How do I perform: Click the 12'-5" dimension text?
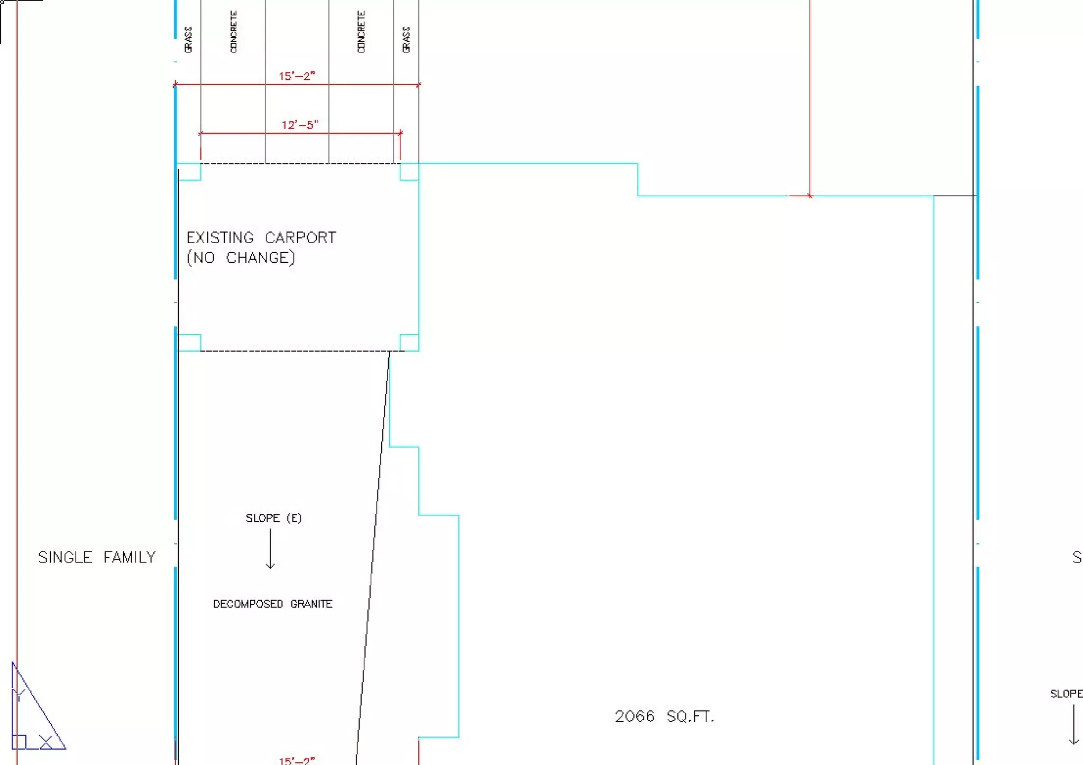tap(299, 125)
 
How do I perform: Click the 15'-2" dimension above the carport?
tap(297, 76)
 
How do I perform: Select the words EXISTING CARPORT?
tap(261, 237)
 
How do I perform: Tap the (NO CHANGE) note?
tap(241, 258)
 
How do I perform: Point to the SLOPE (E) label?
tap(273, 518)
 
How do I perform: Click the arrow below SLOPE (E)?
tap(270, 550)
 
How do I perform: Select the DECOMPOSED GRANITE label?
tap(272, 604)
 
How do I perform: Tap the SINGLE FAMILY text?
tap(97, 557)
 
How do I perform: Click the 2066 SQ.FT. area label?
tap(664, 717)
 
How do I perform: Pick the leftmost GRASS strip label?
tap(188, 40)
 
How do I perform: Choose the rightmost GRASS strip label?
tap(406, 40)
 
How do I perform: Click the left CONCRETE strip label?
tap(233, 32)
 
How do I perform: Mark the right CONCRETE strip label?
tap(361, 32)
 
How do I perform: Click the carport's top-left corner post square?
tap(189, 172)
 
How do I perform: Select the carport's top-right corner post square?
tap(409, 172)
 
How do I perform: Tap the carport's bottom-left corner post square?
tap(189, 343)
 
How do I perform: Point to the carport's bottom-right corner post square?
tap(409, 343)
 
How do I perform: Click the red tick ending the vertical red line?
tap(810, 196)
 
